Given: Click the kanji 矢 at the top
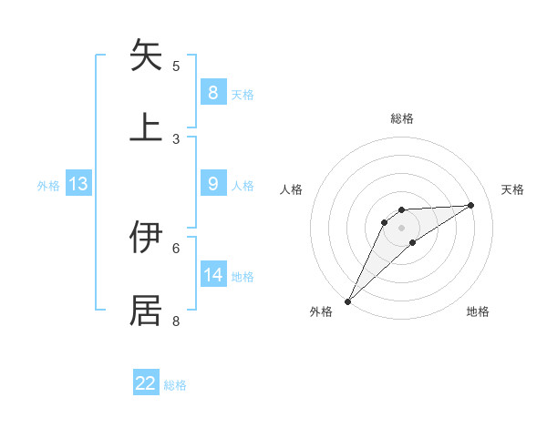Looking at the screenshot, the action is tap(146, 56).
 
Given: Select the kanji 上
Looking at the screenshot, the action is tap(146, 127).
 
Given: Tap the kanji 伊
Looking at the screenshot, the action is tap(146, 238).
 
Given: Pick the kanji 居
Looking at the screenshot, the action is tap(146, 310).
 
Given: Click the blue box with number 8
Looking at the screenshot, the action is tap(212, 92).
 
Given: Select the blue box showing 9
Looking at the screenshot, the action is tap(212, 184).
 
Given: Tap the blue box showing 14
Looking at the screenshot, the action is tap(212, 275).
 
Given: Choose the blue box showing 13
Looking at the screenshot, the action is tap(78, 184).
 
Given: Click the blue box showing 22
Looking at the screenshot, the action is tap(146, 383).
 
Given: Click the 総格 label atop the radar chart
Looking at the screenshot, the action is tap(401, 118).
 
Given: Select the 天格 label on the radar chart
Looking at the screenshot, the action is tap(512, 189).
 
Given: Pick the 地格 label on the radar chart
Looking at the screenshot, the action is tap(478, 311).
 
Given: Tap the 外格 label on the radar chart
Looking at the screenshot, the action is tap(321, 311).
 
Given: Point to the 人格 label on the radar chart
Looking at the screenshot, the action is tap(291, 189).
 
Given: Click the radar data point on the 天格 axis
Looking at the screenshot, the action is tap(471, 205).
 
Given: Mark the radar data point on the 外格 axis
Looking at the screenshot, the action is tap(347, 301).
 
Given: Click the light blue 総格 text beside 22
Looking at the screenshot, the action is tap(175, 385).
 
